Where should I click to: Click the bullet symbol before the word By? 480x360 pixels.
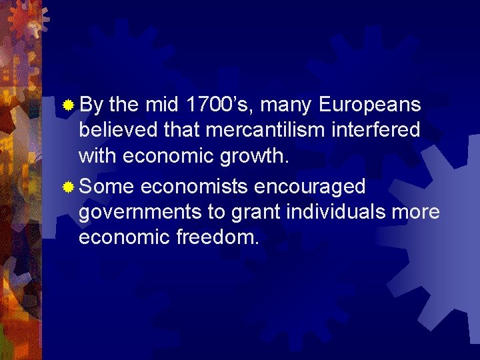click(67, 105)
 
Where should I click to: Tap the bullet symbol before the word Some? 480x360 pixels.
click(67, 188)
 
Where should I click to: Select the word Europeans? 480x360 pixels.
click(370, 105)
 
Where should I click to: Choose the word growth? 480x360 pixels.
click(255, 156)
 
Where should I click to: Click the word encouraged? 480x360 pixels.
click(310, 187)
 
